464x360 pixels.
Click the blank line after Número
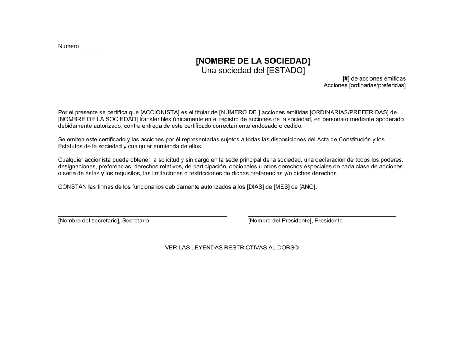pos(90,48)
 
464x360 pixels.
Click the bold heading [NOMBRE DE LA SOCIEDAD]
pos(253,61)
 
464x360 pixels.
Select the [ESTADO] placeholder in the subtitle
pos(286,71)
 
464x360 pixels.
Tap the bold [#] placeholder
pos(346,78)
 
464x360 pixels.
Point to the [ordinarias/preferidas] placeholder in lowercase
pos(377,85)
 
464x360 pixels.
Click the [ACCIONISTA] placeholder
pos(160,112)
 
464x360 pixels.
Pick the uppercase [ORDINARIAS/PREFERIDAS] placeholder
pos(349,112)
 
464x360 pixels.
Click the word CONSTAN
pos(72,187)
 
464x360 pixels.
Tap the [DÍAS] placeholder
pos(255,187)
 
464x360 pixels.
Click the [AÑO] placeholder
pos(308,187)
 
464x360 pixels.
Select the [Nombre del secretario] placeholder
pos(88,221)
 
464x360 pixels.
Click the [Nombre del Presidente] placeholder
pos(280,221)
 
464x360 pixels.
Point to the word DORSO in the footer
pos(288,248)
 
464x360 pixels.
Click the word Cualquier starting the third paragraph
pos(70,160)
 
